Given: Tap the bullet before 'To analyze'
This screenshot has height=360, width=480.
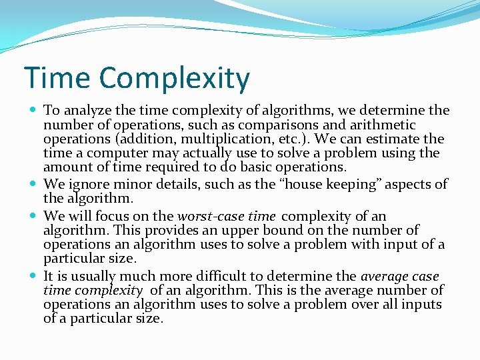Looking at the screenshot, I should coord(33,111).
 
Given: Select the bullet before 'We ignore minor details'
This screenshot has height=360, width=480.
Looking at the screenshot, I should coord(33,184).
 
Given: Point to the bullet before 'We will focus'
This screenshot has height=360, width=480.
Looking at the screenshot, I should coord(33,216).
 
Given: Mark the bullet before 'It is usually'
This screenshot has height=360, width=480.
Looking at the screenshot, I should coord(33,276).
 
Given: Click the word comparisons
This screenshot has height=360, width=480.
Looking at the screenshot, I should coord(247,125).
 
